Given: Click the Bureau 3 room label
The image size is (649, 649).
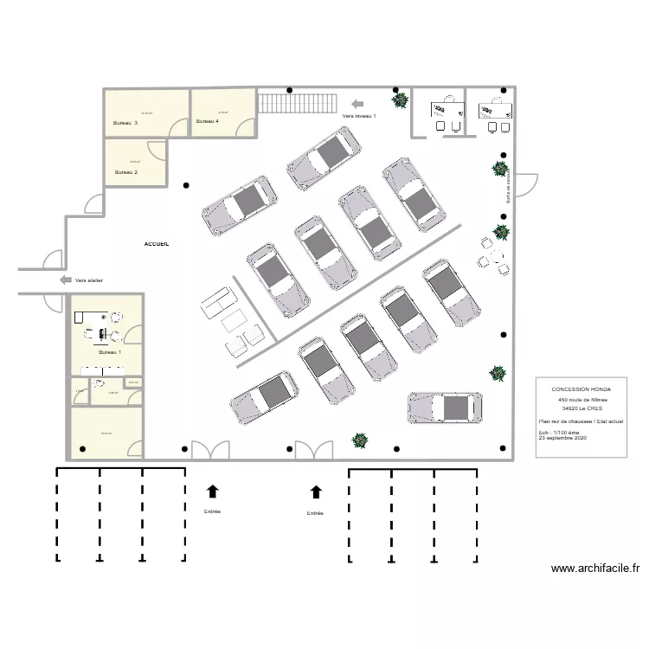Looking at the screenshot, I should (x=125, y=123).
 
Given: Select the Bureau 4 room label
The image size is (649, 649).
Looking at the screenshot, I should (x=208, y=121).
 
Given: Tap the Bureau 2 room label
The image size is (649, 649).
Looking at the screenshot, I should (x=125, y=172).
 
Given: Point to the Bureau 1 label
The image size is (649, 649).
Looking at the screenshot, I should (x=110, y=352).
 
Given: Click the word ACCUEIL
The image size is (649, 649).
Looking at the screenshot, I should (x=157, y=244).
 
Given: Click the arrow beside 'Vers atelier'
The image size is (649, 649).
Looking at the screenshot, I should (x=65, y=280).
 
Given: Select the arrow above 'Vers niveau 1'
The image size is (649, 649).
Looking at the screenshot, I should (x=357, y=103).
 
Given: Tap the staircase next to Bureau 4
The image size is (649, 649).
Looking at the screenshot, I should (x=296, y=103).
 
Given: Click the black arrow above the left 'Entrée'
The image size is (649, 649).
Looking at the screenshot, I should (x=212, y=492).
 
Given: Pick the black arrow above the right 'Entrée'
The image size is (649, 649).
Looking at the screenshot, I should (x=316, y=492).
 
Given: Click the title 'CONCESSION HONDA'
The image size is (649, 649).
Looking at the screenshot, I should (x=580, y=389).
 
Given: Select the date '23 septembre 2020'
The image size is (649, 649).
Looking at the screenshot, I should (x=562, y=439).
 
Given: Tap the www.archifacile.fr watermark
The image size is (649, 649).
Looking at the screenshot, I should (x=594, y=569).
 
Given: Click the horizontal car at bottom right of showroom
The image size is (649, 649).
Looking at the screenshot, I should (x=445, y=408).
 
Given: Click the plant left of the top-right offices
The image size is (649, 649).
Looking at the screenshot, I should (x=400, y=100).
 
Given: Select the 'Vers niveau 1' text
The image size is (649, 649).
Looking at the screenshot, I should (x=359, y=115).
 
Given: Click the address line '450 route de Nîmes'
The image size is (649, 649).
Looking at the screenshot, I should (x=582, y=401).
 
